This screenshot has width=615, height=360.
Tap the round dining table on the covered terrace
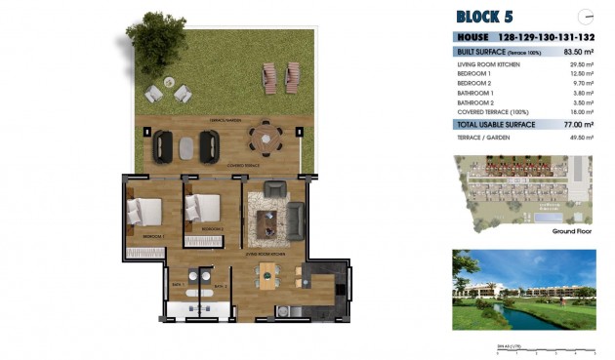pos(264,138)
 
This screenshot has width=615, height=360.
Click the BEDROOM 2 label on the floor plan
pos(214,230)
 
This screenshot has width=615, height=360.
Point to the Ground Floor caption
pos(573,231)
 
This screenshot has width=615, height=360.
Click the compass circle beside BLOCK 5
pos(586,16)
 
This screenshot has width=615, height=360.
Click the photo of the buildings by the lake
pos(524,289)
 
